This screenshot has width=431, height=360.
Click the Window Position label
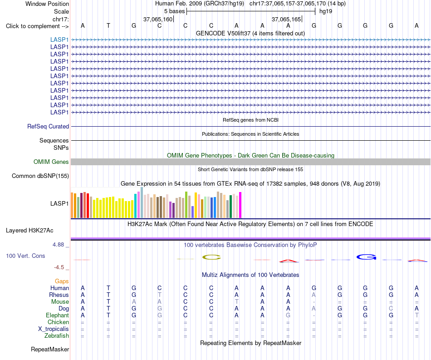[x=47, y=4]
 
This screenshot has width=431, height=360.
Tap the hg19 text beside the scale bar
[x=326, y=11]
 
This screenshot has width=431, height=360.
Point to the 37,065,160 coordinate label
[x=158, y=19]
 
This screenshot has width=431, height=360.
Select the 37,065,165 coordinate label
[x=286, y=19]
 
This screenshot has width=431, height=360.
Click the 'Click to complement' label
[x=37, y=26]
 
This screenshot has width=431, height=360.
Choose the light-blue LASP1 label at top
[x=59, y=39]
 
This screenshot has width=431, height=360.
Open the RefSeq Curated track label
[x=48, y=127]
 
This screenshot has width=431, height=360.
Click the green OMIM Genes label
[x=51, y=162]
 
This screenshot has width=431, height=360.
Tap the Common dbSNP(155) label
[x=40, y=176]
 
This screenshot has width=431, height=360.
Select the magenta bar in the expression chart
[x=240, y=205]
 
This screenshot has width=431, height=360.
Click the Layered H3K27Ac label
[x=29, y=231]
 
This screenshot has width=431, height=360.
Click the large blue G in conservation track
[x=366, y=257]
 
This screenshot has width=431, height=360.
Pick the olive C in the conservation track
[x=211, y=257]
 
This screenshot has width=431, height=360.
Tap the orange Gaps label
[x=62, y=281]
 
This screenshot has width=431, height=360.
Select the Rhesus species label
[x=59, y=295]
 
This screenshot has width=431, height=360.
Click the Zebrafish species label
[x=57, y=336]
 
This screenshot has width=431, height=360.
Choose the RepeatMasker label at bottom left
[x=50, y=350]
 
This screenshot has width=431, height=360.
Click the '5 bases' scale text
[x=175, y=11]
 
